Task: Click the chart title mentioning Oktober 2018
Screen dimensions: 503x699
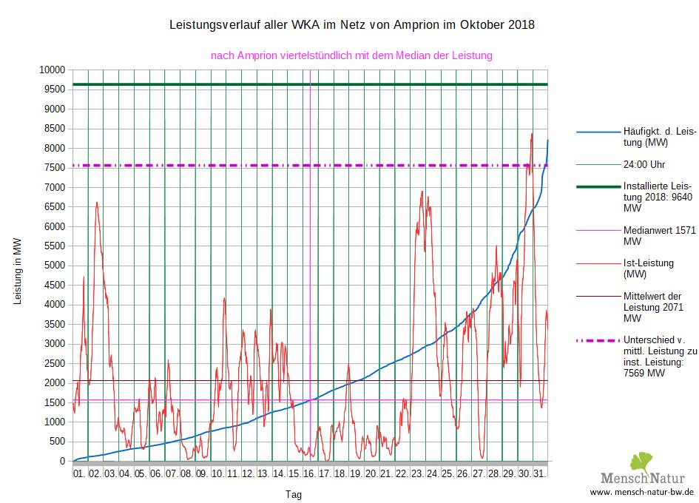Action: [x=351, y=24]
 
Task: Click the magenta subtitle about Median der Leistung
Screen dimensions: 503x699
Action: [x=351, y=55]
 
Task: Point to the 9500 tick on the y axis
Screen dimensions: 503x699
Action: [x=54, y=90]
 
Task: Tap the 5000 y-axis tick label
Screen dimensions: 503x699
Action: [x=54, y=265]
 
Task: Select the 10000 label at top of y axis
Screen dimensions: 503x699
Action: [x=52, y=70]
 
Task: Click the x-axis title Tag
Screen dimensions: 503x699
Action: [x=293, y=494]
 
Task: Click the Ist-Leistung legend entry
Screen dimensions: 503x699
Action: [x=649, y=269]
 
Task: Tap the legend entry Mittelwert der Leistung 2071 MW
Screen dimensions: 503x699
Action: [x=653, y=307]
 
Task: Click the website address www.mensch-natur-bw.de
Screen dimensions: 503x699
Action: [x=642, y=492]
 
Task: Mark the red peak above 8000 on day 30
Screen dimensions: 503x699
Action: [x=532, y=134]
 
